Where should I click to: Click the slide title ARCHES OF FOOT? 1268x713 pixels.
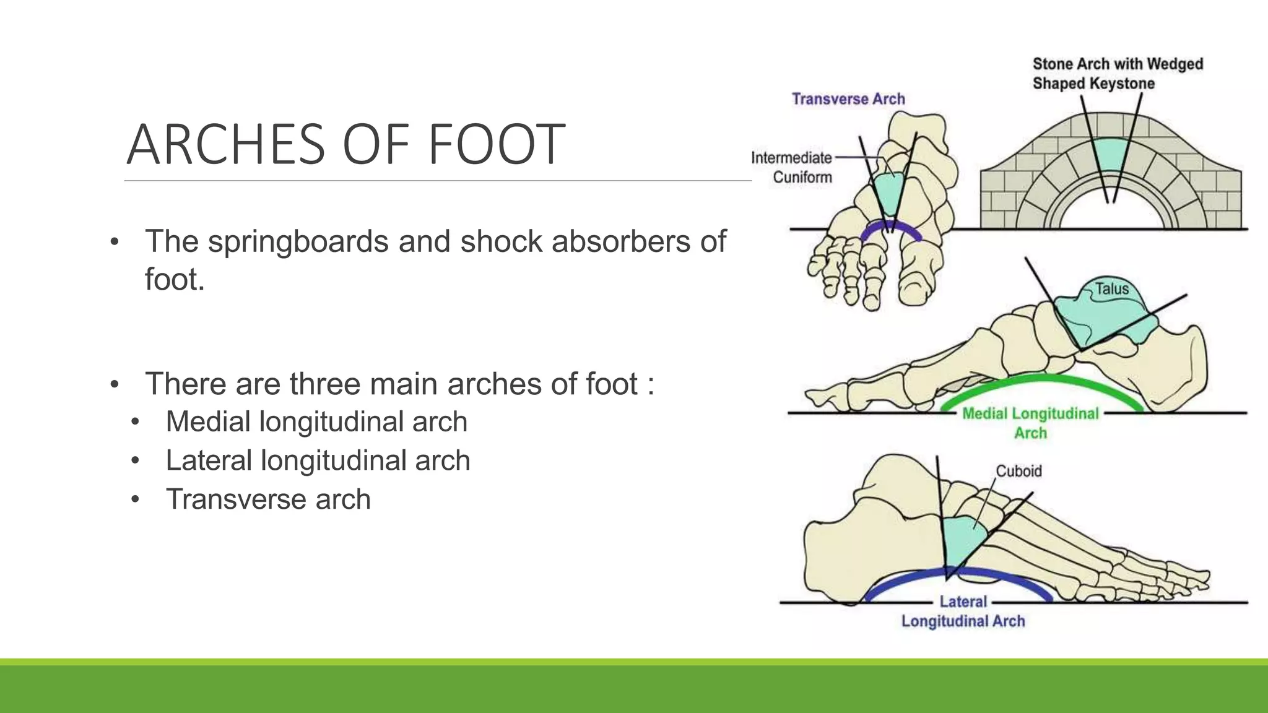pyautogui.click(x=345, y=144)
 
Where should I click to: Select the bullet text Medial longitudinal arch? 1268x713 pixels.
pyautogui.click(x=316, y=421)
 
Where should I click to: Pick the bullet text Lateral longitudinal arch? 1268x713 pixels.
pyautogui.click(x=318, y=460)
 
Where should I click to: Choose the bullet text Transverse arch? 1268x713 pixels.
pyautogui.click(x=268, y=499)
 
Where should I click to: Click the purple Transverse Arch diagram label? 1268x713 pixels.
pyautogui.click(x=848, y=99)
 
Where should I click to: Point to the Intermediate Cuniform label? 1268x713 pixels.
pyautogui.click(x=792, y=167)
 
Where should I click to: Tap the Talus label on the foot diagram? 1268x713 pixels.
pyautogui.click(x=1112, y=288)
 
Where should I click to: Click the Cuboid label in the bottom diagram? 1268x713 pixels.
pyautogui.click(x=1018, y=471)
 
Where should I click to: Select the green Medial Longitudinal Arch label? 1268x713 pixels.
pyautogui.click(x=1030, y=423)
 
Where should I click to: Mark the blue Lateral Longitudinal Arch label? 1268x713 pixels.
pyautogui.click(x=963, y=611)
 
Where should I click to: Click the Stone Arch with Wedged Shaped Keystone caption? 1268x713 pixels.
pyautogui.click(x=1117, y=74)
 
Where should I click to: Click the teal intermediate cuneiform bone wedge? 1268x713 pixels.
pyautogui.click(x=889, y=192)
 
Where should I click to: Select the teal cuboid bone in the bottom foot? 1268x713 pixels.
pyautogui.click(x=961, y=538)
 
